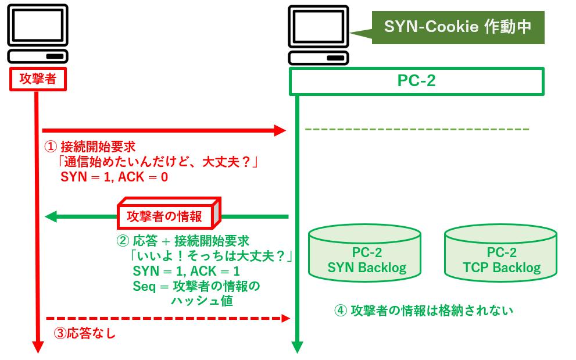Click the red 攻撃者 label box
coord(38,79)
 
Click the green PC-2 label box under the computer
coord(416,81)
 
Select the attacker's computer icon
coord(38,33)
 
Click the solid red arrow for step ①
coord(163,130)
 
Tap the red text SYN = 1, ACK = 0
coord(114,177)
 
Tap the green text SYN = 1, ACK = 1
coord(186,271)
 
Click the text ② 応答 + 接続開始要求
coord(183,241)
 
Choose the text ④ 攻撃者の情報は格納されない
coord(424,310)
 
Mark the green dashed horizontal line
coord(417,129)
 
